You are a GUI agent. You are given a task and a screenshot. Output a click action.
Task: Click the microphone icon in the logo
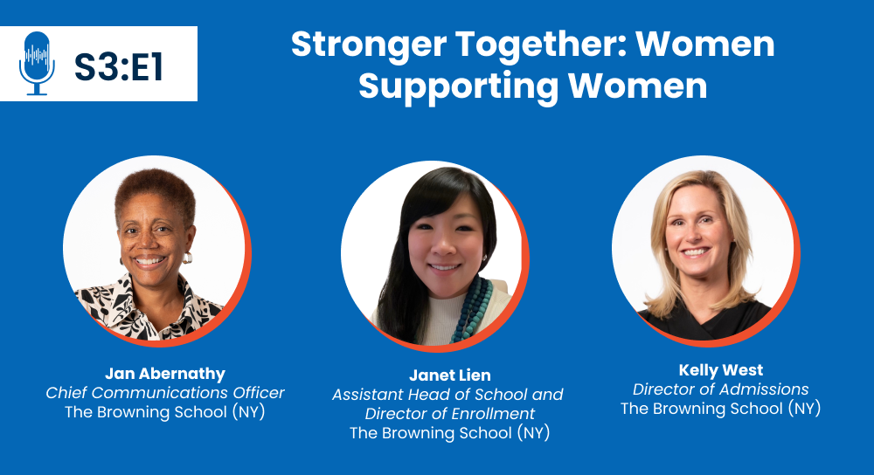pos(37,64)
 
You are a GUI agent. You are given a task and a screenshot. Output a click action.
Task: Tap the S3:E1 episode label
pos(119,68)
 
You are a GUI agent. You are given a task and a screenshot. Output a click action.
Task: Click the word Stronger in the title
pos(369,45)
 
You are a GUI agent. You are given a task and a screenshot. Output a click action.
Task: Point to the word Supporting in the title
pos(458,86)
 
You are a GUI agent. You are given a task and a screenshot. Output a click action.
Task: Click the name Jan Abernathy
pos(165,373)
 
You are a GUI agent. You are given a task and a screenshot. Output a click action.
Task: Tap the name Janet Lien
pos(450,375)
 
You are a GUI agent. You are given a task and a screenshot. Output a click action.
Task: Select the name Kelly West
pos(721,369)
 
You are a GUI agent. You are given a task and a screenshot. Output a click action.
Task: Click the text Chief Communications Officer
pos(165,393)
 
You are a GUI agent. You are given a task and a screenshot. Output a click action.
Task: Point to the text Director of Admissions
pos(721,389)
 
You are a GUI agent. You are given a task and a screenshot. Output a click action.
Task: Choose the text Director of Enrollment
pos(450,414)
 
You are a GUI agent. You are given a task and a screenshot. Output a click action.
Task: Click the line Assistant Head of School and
pos(447,395)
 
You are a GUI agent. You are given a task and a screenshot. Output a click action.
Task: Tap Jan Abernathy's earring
pos(187,258)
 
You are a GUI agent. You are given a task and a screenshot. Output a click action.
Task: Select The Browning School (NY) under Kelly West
pos(721,409)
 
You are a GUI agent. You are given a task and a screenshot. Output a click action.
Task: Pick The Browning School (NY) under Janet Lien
pos(450,433)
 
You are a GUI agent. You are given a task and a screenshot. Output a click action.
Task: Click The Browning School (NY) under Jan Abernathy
pos(165,412)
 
